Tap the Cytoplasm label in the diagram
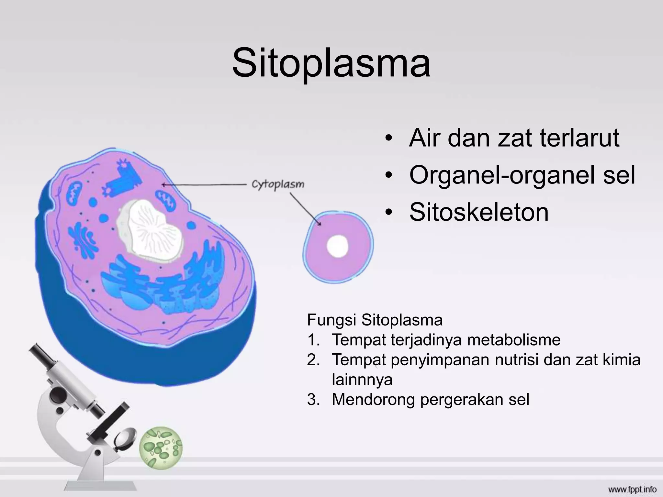[278, 185]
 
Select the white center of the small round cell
[337, 246]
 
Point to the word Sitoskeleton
[479, 212]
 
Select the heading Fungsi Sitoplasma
[375, 320]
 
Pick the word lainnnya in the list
[362, 379]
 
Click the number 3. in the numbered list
[313, 400]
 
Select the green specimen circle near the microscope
[161, 448]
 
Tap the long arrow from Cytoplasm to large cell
[204, 185]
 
